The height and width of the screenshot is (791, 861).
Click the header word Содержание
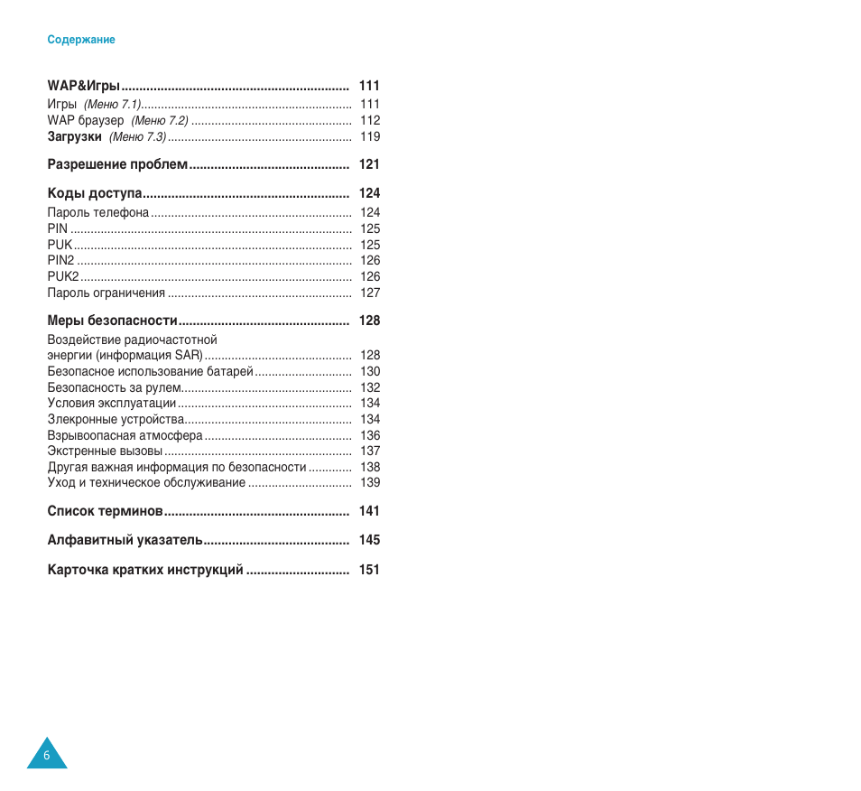point(81,40)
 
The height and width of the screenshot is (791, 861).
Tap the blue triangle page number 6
point(47,755)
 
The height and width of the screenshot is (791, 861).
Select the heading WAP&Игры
point(84,86)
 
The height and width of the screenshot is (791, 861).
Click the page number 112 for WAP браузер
point(370,120)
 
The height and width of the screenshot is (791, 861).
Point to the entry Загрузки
point(74,137)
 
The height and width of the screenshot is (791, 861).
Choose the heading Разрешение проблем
point(117,164)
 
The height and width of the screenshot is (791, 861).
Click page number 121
point(369,164)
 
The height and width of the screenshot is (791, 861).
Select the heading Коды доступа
point(95,193)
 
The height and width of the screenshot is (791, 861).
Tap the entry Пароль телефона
point(98,213)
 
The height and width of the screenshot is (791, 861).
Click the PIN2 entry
point(60,261)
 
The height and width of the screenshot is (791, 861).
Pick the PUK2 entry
point(63,276)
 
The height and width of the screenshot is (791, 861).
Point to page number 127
point(370,293)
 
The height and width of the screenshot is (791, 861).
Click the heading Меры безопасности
point(112,321)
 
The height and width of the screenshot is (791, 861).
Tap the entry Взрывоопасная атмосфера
point(125,435)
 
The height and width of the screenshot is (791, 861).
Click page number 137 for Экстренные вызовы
point(370,451)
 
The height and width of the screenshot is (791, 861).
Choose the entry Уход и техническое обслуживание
point(146,483)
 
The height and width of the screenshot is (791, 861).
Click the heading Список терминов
point(105,511)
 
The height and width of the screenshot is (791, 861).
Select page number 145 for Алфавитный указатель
point(369,540)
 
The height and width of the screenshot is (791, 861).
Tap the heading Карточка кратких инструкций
point(145,570)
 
